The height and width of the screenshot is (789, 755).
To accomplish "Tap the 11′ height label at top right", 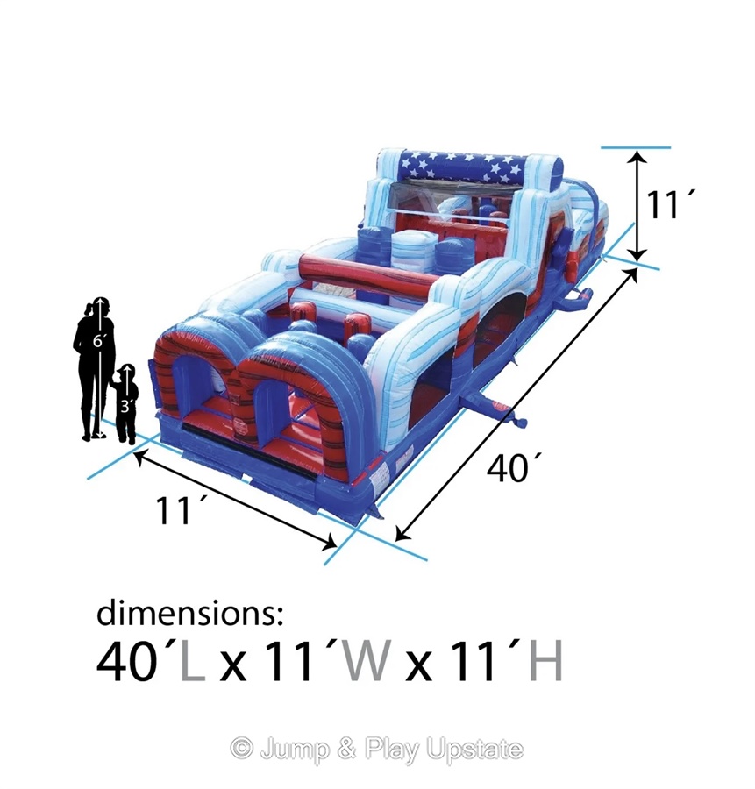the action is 666,205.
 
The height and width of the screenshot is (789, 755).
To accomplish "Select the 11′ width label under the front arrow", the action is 175,510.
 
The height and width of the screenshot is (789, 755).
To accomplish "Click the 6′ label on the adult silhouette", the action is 97,341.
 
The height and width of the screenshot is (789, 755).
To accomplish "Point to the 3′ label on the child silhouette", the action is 125,406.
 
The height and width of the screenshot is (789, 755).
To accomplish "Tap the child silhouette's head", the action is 126,372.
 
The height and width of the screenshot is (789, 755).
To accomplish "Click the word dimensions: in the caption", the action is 189,613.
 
